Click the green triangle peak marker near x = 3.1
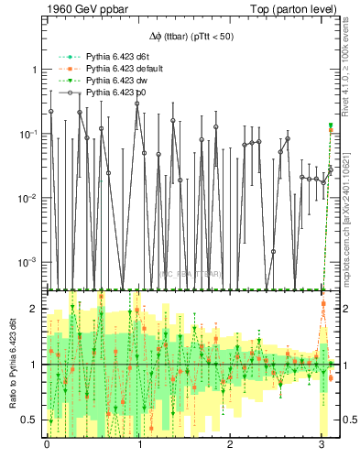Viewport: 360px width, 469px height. click(x=331, y=125)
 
